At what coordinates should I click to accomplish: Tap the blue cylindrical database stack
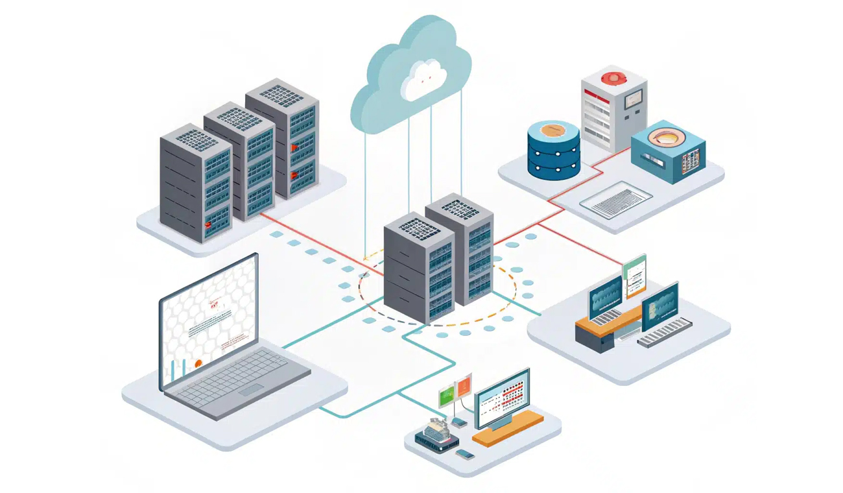tap(553, 150)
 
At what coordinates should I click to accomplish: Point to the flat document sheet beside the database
tap(615, 199)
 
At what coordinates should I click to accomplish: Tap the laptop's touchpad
tap(250, 390)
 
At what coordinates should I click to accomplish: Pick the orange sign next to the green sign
tap(464, 388)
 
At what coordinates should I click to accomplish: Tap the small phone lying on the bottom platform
tap(465, 454)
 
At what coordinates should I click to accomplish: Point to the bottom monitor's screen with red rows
tap(503, 396)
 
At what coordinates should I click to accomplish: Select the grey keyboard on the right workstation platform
tap(665, 332)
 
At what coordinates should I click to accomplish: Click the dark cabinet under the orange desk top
tap(595, 339)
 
